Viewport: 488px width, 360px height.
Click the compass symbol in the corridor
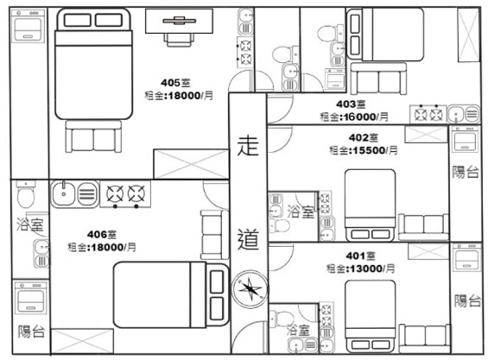[250, 289]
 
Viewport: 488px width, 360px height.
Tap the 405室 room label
[175, 83]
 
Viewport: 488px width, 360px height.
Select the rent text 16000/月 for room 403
[364, 117]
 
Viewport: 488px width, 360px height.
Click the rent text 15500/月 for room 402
[373, 150]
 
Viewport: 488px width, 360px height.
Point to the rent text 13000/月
[371, 268]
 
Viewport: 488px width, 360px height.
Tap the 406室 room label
[102, 234]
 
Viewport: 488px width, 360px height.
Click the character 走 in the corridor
[248, 146]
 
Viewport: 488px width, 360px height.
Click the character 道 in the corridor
[248, 238]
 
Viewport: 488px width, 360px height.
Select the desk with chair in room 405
[180, 28]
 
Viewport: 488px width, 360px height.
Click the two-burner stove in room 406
[125, 194]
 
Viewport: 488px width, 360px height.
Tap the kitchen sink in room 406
[74, 194]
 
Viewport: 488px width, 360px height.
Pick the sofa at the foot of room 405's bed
[93, 136]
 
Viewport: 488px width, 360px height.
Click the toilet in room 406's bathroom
[26, 194]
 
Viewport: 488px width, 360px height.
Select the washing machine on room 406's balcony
[30, 297]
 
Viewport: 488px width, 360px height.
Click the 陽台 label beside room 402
[466, 172]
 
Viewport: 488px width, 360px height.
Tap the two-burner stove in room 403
[428, 114]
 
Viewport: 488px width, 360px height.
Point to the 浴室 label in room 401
[298, 330]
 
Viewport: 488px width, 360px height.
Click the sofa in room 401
[425, 338]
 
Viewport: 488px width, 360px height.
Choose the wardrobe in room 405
[191, 164]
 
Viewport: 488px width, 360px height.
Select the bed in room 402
[370, 205]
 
